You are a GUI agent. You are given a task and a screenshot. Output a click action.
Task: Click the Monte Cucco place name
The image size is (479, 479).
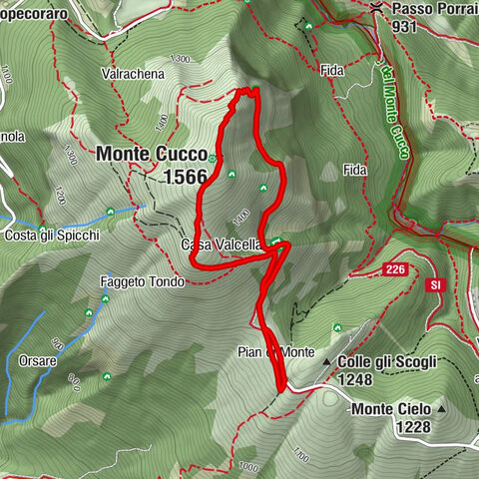point(152,156)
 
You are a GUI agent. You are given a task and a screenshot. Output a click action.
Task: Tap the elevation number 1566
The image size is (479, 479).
point(187,177)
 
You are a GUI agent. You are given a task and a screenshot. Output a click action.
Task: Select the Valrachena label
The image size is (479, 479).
point(126,74)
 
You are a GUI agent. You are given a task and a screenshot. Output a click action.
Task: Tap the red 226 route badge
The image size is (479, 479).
point(395,270)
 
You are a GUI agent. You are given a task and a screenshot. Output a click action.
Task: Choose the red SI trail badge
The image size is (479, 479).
point(435,285)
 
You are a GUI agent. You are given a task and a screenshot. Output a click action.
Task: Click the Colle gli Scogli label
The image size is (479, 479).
point(386,361)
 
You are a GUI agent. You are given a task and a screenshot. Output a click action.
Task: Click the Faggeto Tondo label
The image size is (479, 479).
point(142,282)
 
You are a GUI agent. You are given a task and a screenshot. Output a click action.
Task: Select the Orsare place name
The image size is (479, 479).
point(38,360)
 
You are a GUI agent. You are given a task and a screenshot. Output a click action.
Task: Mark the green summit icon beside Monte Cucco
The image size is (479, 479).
point(214,158)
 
